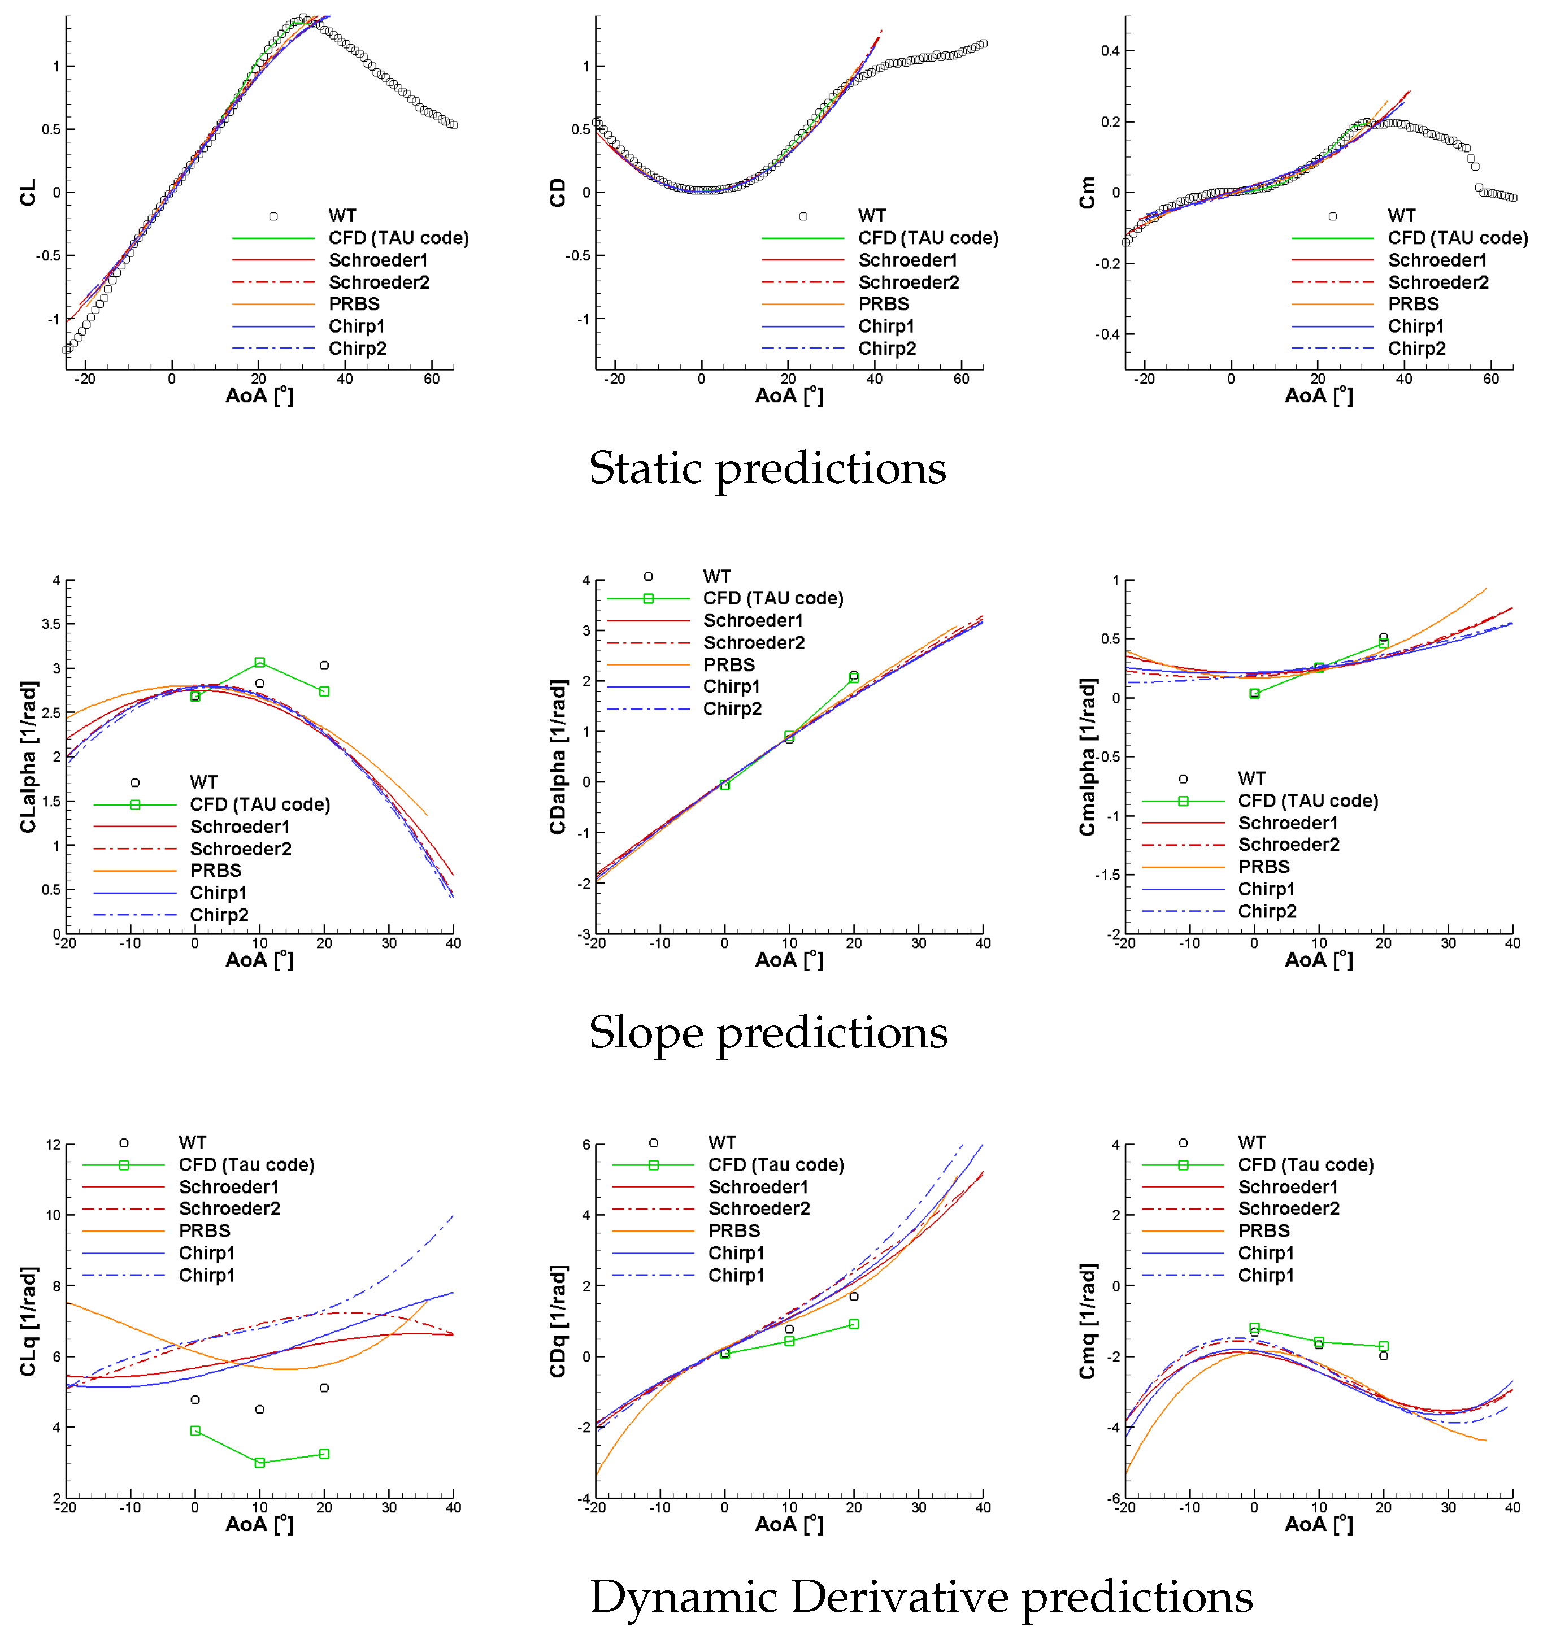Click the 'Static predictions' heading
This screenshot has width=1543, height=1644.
tap(767, 469)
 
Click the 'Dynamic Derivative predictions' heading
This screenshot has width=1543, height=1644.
tap(920, 1597)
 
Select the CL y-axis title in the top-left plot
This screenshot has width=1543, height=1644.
tap(27, 193)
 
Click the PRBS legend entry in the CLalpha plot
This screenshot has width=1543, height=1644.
tap(215, 871)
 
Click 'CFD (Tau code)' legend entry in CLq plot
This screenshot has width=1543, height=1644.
tap(246, 1165)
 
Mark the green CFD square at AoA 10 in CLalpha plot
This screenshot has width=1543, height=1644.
tap(260, 662)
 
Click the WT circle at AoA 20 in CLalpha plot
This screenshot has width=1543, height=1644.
tap(324, 666)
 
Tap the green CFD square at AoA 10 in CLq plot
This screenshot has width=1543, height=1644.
tap(260, 1463)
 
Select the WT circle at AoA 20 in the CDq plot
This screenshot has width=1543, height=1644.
tap(853, 1297)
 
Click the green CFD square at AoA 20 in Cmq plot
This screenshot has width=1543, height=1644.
tap(1384, 1346)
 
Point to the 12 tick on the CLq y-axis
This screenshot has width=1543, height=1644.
tap(53, 1145)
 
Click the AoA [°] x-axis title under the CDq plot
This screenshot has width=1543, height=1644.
tap(789, 1524)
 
